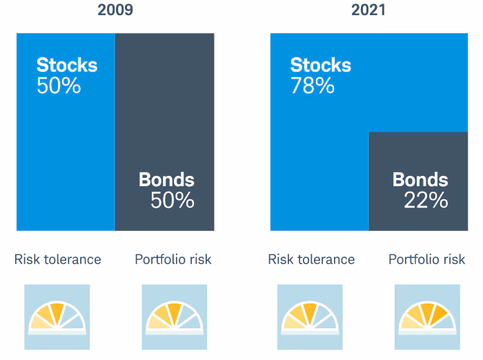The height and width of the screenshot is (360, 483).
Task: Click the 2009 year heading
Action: click(x=115, y=10)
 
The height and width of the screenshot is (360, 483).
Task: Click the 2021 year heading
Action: click(x=368, y=10)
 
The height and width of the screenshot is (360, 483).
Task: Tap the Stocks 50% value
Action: click(x=59, y=86)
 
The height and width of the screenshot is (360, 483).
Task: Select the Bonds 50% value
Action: click(x=172, y=200)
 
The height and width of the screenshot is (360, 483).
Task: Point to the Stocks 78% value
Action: click(x=313, y=86)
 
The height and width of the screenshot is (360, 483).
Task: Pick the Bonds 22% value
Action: click(x=426, y=200)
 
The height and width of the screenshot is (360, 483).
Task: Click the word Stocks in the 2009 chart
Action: click(x=67, y=65)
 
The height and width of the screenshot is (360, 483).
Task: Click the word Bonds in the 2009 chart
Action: click(x=167, y=179)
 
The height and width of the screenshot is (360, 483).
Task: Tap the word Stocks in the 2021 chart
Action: click(x=321, y=65)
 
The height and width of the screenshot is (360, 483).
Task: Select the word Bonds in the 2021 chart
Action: click(x=420, y=179)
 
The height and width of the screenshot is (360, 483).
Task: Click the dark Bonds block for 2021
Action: click(x=418, y=181)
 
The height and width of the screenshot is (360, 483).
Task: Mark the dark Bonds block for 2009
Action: click(x=165, y=132)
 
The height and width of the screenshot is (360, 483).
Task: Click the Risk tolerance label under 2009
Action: click(x=57, y=259)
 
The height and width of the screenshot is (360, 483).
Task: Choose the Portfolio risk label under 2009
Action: click(x=173, y=259)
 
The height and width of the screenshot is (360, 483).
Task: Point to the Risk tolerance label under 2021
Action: click(x=311, y=259)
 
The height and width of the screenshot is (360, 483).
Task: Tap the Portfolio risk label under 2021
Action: click(x=427, y=259)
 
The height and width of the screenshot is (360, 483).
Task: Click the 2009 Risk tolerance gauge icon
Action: click(x=57, y=317)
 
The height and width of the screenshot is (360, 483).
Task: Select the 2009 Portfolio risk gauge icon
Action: click(x=175, y=317)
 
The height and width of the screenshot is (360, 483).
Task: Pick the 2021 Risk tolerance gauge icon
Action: click(x=310, y=317)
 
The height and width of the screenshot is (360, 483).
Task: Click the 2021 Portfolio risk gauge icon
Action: click(x=427, y=317)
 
